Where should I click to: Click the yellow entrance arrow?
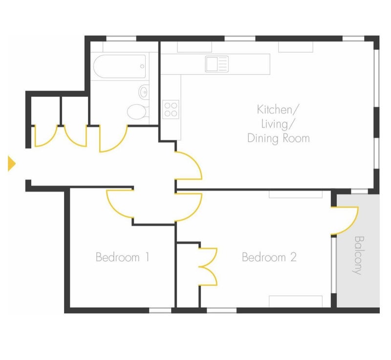point(11,164)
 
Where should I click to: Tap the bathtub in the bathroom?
point(119,66)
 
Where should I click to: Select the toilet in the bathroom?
point(138,111)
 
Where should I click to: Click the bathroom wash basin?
point(144,92)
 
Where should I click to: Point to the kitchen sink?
point(217,64)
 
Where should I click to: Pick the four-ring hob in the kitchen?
point(171,109)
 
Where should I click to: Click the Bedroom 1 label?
point(123,257)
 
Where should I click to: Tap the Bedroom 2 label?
point(269,257)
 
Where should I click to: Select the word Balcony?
point(359,255)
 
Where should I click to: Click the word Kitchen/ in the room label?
point(278,109)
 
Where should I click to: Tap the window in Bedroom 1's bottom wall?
point(160,310)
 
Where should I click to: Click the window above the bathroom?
point(121,39)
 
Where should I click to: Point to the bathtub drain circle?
point(142,66)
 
